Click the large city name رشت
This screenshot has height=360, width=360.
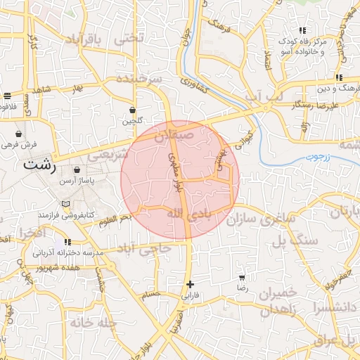[x=40, y=166]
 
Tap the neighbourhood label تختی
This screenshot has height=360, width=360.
[x=130, y=38]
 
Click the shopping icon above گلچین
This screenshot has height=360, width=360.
[x=133, y=110]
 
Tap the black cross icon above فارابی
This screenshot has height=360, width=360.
[x=190, y=284]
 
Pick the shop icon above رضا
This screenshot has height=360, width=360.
[x=243, y=278]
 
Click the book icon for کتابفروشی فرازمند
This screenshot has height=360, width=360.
[x=66, y=204]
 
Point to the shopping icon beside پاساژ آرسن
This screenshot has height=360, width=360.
[x=77, y=170]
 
